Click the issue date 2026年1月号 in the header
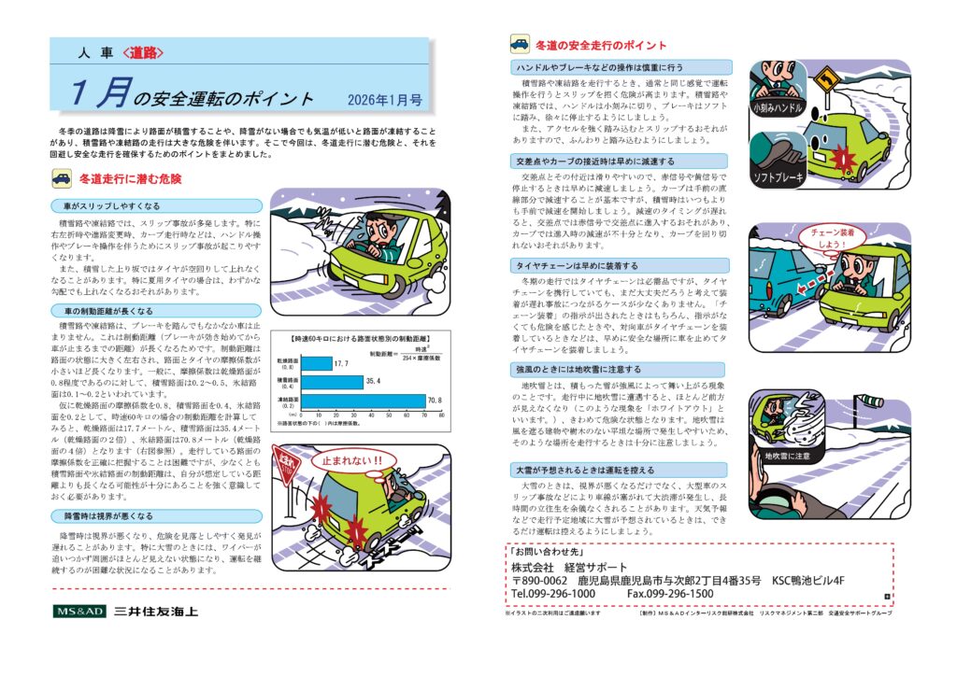coord(383,98)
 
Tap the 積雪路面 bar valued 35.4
coord(331,381)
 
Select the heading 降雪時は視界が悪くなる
coord(108,515)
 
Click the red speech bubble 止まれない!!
coord(351,460)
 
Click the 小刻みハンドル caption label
coord(777,109)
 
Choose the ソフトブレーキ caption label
coord(778,176)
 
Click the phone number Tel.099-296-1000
coord(553,594)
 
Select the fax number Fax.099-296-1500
coord(670,594)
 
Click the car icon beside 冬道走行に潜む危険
coord(61,178)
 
